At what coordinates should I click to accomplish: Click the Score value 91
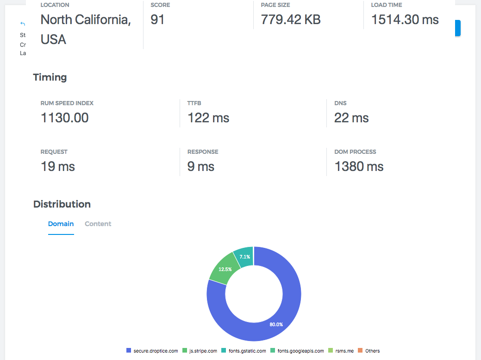pyautogui.click(x=157, y=20)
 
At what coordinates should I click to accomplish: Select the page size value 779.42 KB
pyautogui.click(x=290, y=20)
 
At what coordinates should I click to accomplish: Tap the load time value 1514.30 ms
pyautogui.click(x=405, y=20)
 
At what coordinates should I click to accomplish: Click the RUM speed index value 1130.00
pyautogui.click(x=64, y=118)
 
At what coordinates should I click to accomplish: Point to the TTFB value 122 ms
pyautogui.click(x=208, y=118)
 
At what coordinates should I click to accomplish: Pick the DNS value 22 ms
pyautogui.click(x=351, y=118)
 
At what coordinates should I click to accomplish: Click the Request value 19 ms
pyautogui.click(x=57, y=166)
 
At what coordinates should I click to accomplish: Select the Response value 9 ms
pyautogui.click(x=200, y=166)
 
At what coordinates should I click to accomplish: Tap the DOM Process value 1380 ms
pyautogui.click(x=359, y=166)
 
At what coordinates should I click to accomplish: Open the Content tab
pyautogui.click(x=98, y=224)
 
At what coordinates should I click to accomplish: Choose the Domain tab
pyautogui.click(x=61, y=224)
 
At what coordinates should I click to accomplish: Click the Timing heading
pyautogui.click(x=50, y=77)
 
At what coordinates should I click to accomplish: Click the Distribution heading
pyautogui.click(x=62, y=204)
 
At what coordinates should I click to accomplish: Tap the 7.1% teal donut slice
pyautogui.click(x=244, y=257)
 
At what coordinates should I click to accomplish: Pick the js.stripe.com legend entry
pyautogui.click(x=198, y=351)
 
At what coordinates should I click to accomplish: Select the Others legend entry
pyautogui.click(x=369, y=351)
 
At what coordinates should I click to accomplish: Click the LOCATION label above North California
pyautogui.click(x=55, y=5)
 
